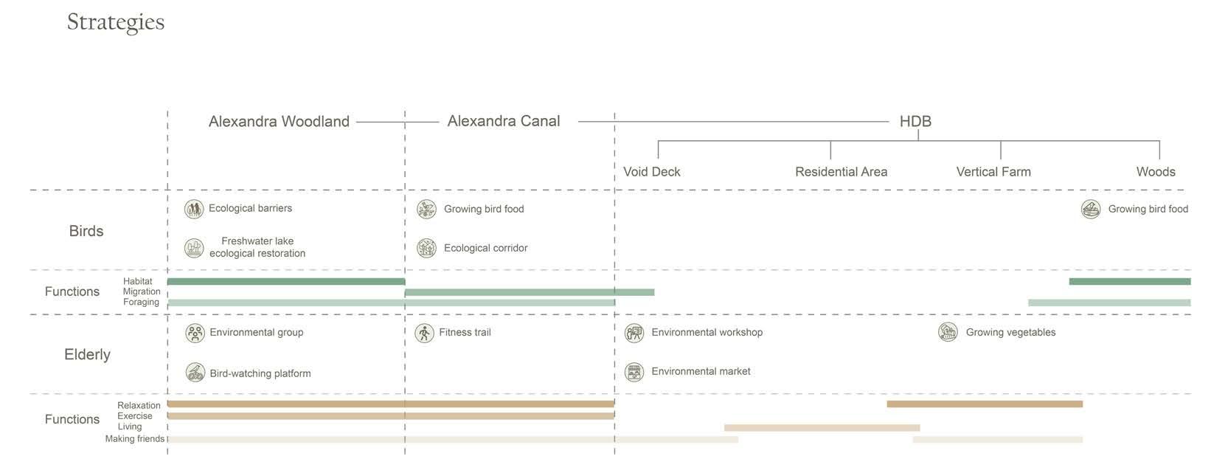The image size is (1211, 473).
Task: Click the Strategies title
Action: tap(116, 22)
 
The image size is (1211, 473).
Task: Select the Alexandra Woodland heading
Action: tap(279, 122)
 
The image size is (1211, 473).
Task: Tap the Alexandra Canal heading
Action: tap(504, 121)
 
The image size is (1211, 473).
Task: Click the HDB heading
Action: tap(915, 122)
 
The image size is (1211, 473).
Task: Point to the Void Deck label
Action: tap(651, 172)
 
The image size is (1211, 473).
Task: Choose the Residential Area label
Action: tap(841, 172)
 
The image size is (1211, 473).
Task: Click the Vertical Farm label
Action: tap(993, 172)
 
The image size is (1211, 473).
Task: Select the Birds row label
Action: tap(86, 231)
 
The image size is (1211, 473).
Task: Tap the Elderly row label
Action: tap(87, 355)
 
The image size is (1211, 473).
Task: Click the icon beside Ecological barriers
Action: tap(194, 209)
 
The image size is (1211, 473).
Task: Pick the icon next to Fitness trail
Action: tap(424, 333)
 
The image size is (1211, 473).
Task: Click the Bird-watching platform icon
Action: tap(195, 373)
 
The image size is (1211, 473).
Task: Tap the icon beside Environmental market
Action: tap(634, 372)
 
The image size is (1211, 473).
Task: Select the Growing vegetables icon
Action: tap(948, 332)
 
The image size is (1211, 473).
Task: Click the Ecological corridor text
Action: tap(485, 248)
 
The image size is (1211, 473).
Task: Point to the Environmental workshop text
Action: tap(707, 333)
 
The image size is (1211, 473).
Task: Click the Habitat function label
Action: tap(138, 281)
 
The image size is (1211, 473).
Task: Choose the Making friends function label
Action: tap(134, 439)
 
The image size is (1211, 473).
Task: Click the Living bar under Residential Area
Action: tap(822, 428)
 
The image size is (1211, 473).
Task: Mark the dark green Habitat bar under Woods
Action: tap(1129, 281)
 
